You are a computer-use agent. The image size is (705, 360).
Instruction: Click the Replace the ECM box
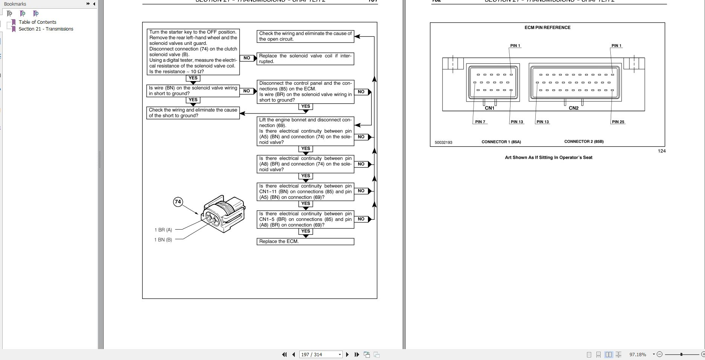click(x=305, y=242)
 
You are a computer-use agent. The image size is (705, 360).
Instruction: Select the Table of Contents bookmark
click(x=37, y=22)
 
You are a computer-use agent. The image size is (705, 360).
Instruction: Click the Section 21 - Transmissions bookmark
click(x=46, y=29)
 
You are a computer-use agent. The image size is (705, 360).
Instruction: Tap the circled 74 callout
click(x=178, y=202)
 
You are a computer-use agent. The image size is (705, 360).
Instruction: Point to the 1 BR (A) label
click(x=163, y=230)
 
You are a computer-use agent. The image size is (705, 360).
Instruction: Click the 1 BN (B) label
click(x=163, y=240)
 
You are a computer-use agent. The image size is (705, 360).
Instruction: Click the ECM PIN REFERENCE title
click(x=547, y=28)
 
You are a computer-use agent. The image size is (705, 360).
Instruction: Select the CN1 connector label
click(x=489, y=108)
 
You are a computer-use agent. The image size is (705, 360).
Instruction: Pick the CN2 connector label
click(x=573, y=108)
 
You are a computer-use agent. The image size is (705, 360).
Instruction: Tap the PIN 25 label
click(x=618, y=122)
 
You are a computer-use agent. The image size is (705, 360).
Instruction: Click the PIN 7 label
click(x=480, y=122)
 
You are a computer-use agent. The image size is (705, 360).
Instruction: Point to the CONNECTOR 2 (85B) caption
click(x=584, y=142)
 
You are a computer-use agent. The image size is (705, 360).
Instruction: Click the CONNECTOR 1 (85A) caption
click(x=501, y=142)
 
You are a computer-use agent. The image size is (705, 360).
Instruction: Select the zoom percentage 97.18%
click(x=638, y=354)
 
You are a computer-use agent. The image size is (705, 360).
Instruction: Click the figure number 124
click(x=662, y=151)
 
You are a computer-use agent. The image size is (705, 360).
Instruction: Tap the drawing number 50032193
click(x=443, y=142)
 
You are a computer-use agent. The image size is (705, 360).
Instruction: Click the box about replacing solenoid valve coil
click(x=305, y=59)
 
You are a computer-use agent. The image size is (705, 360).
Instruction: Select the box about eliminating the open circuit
click(x=305, y=36)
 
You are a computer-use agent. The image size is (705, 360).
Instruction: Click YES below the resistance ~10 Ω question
click(x=193, y=78)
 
